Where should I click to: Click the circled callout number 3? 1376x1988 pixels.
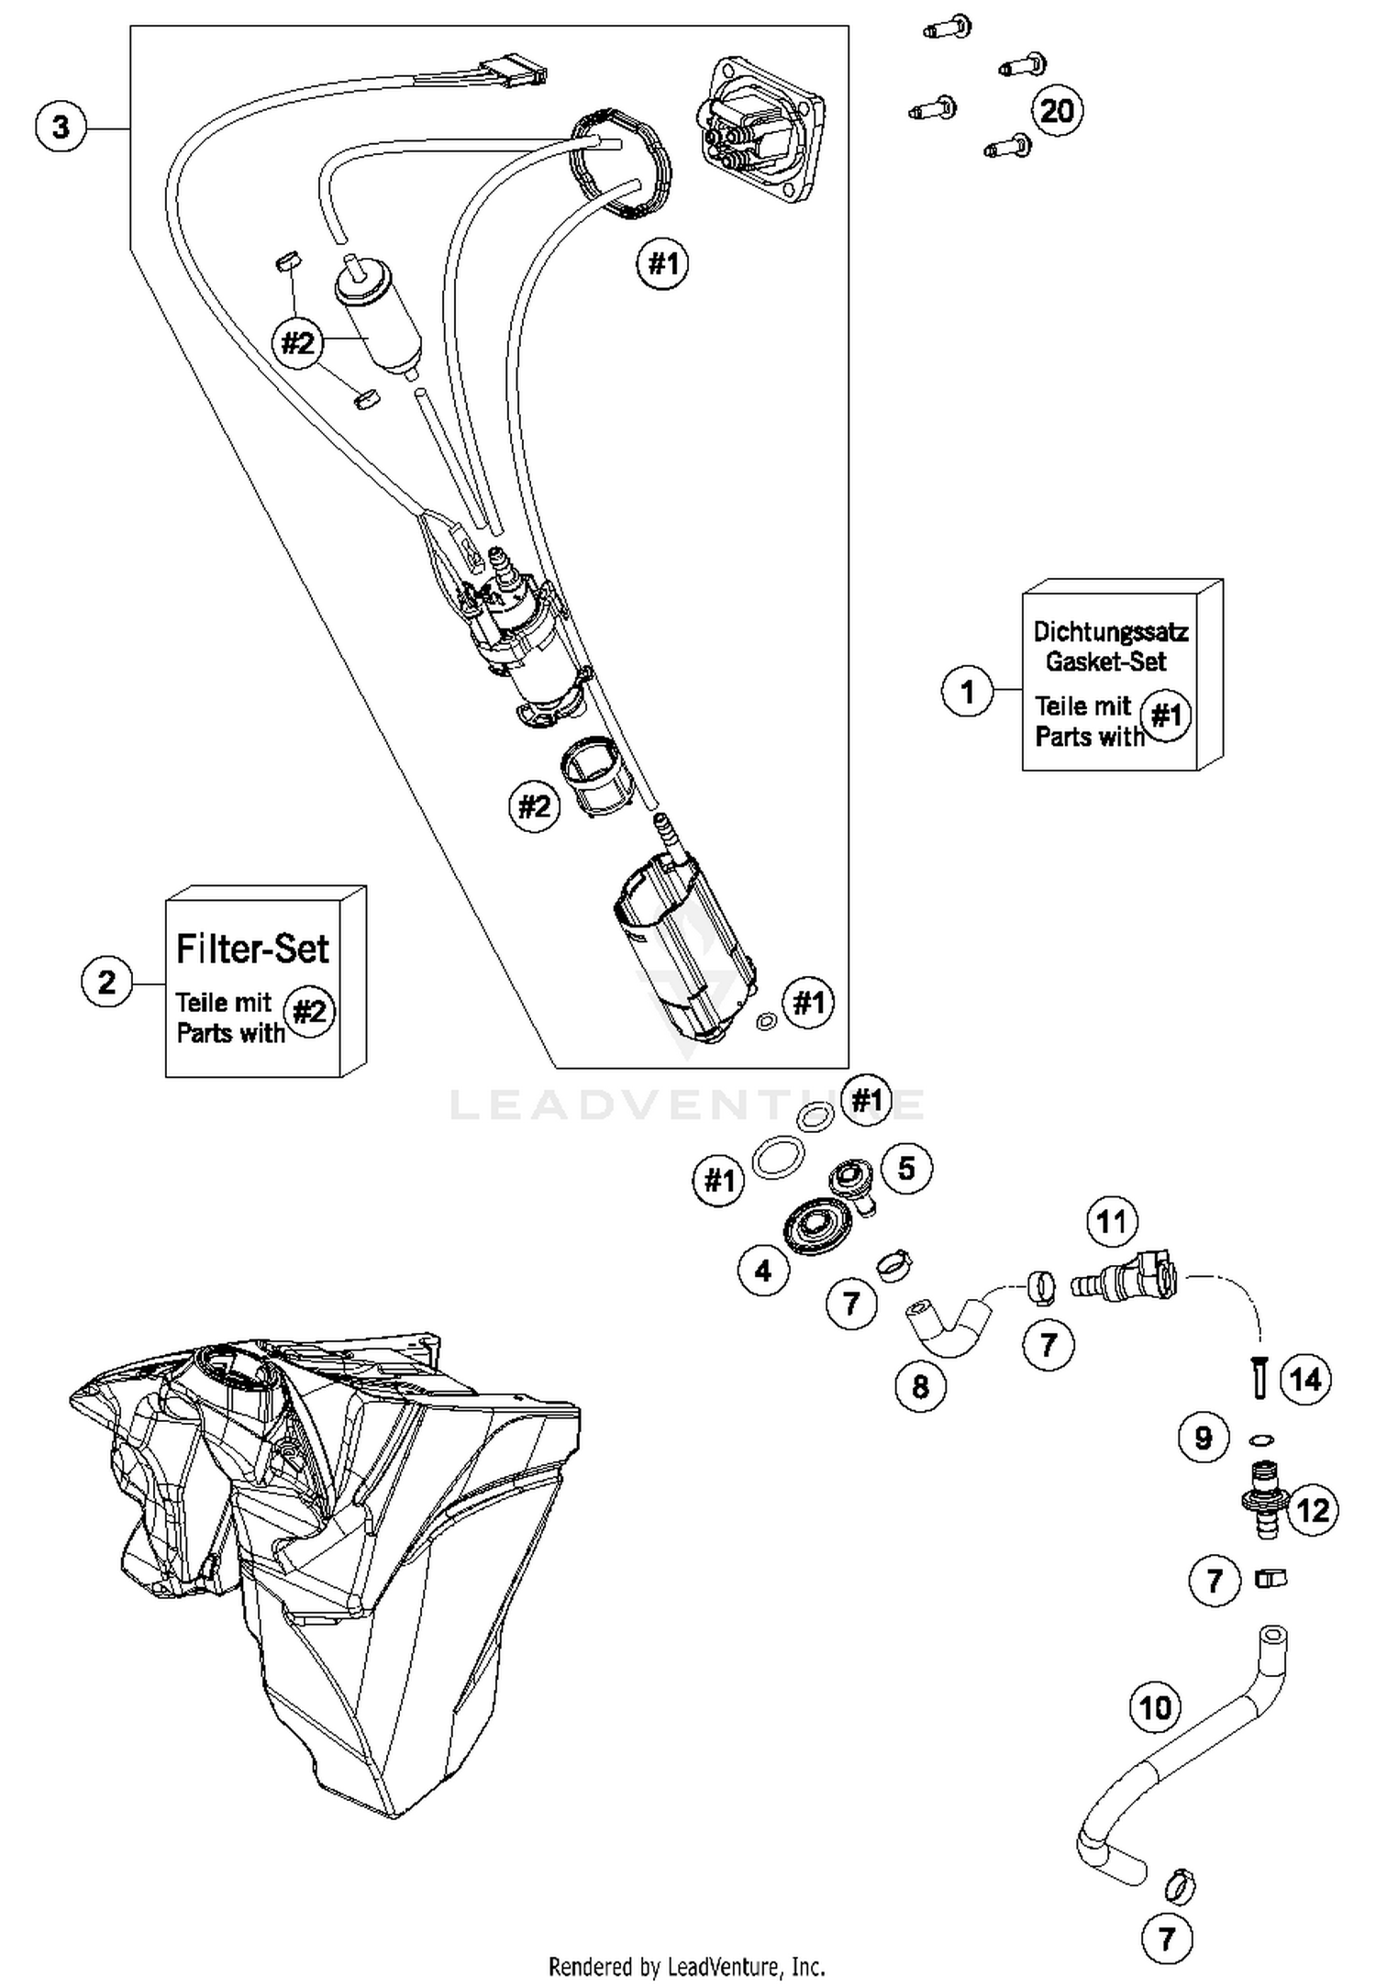(x=61, y=127)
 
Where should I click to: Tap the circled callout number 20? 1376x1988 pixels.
(x=1057, y=111)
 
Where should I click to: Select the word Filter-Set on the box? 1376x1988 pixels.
(x=252, y=949)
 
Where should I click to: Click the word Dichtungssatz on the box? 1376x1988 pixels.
(x=1110, y=631)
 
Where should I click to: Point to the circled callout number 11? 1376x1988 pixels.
(x=1112, y=1222)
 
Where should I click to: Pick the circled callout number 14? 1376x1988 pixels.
(x=1305, y=1379)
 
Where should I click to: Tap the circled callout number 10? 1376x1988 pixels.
(x=1155, y=1707)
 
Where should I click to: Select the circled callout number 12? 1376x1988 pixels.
(x=1313, y=1510)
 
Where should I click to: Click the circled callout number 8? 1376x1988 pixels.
(x=921, y=1386)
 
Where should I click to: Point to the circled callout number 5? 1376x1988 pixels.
(x=906, y=1168)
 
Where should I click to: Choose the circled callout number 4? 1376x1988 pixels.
(x=763, y=1271)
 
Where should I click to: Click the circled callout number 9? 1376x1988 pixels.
(x=1204, y=1438)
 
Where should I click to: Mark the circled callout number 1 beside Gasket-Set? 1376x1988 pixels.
(x=968, y=691)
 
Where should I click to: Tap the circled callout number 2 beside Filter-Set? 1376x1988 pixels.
(x=107, y=982)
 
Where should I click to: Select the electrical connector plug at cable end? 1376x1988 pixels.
(x=516, y=68)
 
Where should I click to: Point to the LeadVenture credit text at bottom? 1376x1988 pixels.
(x=686, y=1966)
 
